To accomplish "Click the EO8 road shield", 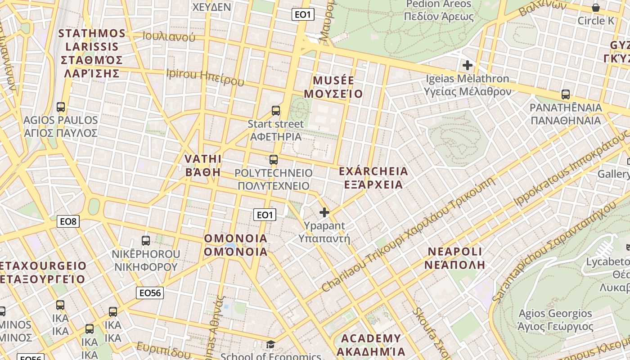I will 69,221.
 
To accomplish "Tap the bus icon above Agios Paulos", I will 61,107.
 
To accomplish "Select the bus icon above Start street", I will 276,110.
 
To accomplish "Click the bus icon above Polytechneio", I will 273,159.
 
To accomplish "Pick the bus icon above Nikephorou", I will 145,240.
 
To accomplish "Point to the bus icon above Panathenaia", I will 566,94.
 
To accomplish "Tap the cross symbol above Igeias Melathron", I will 468,65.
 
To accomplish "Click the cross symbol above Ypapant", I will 324,212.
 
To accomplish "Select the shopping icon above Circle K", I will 596,8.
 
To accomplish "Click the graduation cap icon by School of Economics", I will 270,345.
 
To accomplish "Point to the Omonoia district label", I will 236,245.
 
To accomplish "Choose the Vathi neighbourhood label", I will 203,165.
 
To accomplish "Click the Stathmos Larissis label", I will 92,53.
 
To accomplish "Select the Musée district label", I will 333,87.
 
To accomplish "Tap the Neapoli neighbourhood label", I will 454,258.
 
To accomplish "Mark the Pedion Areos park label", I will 439,10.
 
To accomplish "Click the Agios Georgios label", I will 555,319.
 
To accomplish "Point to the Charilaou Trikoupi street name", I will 409,234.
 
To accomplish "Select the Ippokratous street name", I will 571,166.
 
